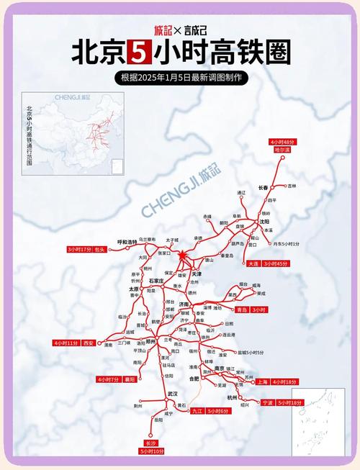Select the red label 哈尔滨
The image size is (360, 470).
point(282,150)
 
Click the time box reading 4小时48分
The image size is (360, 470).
point(282,143)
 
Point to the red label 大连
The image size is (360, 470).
point(253,264)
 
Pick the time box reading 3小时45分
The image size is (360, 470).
point(277,264)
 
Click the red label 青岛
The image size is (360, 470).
point(241,309)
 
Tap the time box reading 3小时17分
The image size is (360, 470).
point(79,249)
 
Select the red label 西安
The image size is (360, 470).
point(89,343)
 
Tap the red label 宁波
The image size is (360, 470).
point(268,402)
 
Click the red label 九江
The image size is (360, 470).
point(197,410)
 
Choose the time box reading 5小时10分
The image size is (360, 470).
point(152,451)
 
